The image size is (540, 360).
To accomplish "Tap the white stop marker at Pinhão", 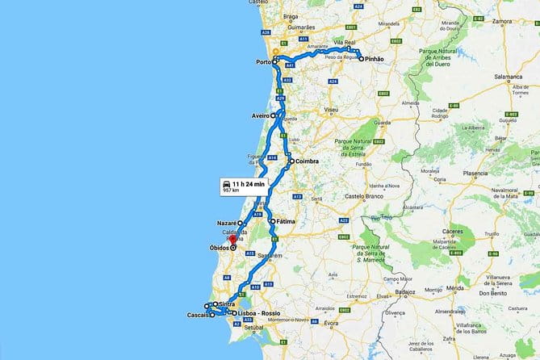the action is point(350,59).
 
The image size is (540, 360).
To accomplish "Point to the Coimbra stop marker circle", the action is point(291,161).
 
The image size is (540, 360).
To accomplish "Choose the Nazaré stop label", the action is point(226,222).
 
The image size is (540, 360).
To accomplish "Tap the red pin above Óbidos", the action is point(232,239).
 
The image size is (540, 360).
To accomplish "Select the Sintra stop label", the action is point(227,304).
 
